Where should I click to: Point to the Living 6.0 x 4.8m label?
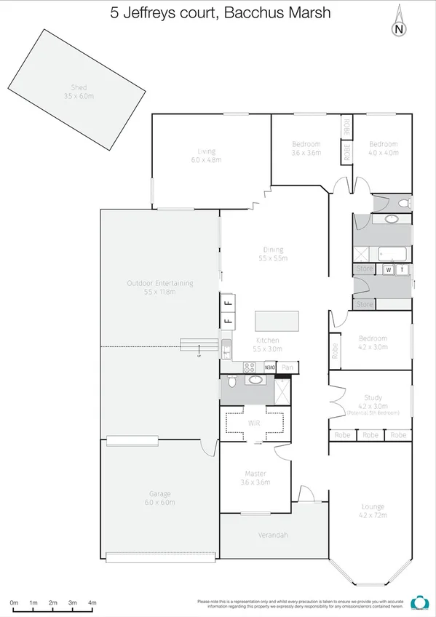(x=206, y=154)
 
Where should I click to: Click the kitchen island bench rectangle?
(x=276, y=321)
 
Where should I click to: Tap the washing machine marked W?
(x=388, y=270)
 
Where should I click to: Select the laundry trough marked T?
(x=402, y=270)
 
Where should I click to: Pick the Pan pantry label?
(x=288, y=367)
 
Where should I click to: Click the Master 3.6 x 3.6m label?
(x=255, y=477)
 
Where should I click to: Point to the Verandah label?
(x=273, y=536)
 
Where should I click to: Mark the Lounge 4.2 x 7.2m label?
(x=373, y=511)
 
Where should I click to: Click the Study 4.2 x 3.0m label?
(x=373, y=402)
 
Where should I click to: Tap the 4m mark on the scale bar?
(x=92, y=603)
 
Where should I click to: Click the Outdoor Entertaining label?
(x=159, y=287)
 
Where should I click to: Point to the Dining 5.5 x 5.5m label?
(x=274, y=254)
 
